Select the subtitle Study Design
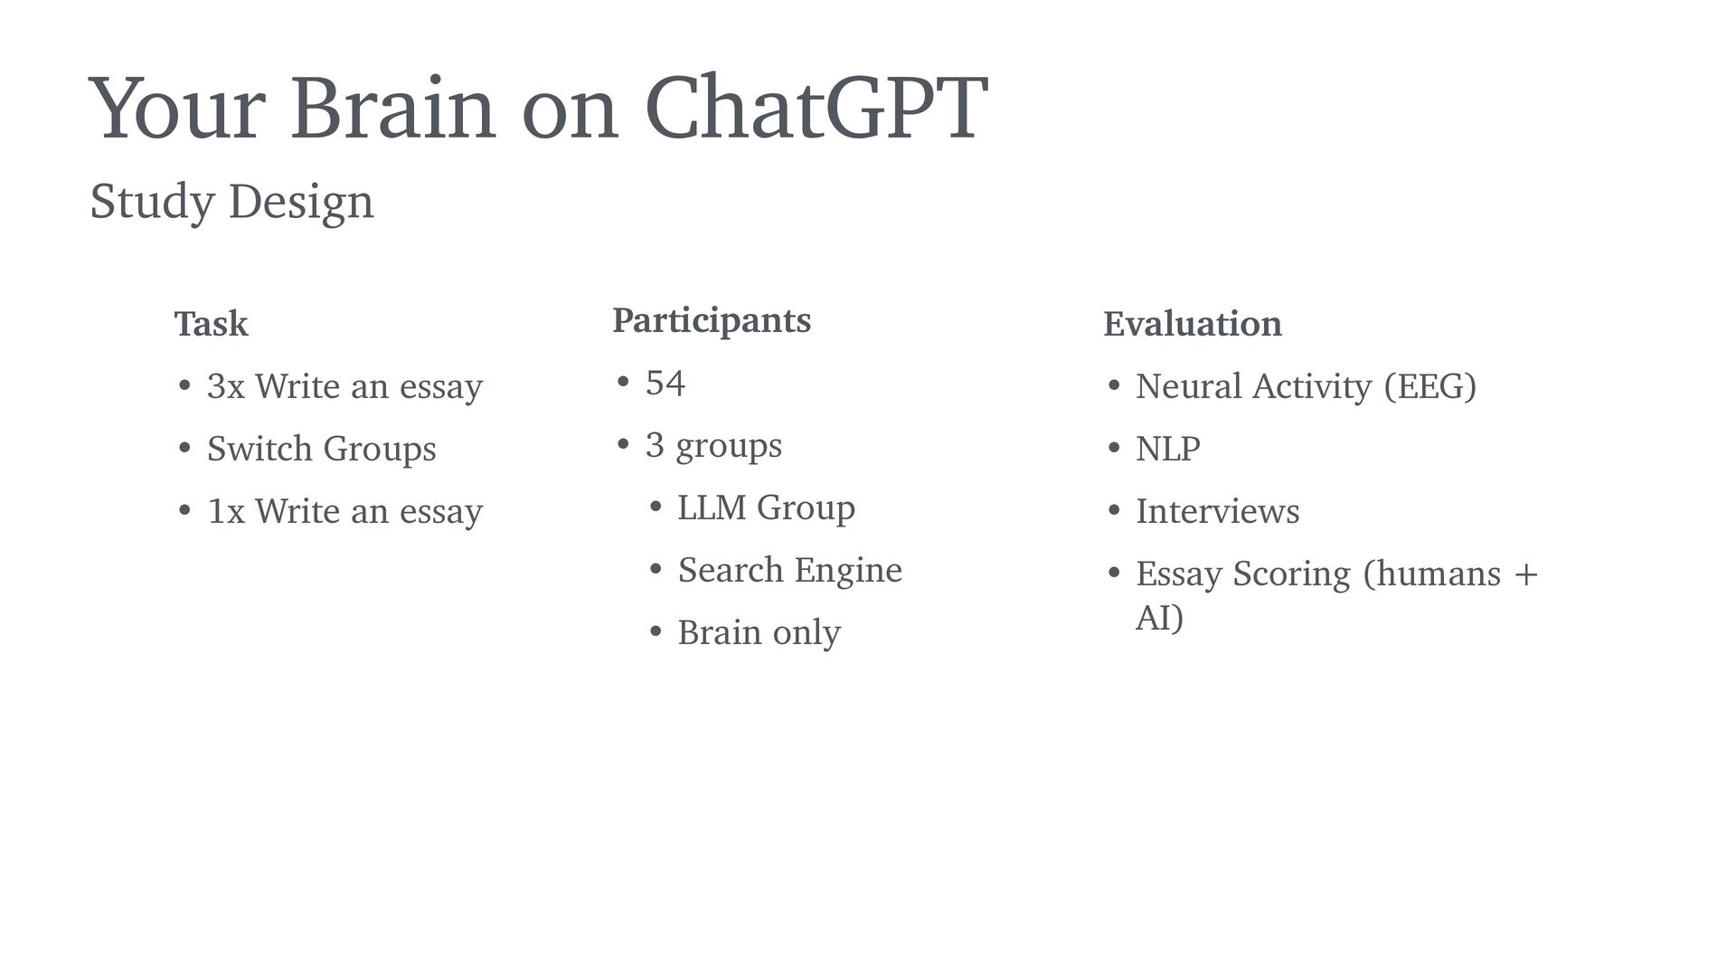tap(231, 202)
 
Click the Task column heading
tap(211, 323)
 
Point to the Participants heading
tap(712, 321)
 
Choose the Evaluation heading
tap(1193, 323)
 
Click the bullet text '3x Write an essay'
tap(344, 386)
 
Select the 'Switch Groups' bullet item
tap(321, 449)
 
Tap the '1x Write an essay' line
tap(344, 511)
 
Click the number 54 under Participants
tap(665, 383)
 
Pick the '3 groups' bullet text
tap(713, 445)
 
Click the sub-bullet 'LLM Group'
tap(767, 507)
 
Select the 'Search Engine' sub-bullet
tap(790, 570)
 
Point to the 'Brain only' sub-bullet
tap(759, 632)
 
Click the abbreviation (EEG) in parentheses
tap(1430, 386)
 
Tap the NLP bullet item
tap(1168, 449)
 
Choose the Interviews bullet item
tap(1217, 511)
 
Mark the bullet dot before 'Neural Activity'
tap(1114, 387)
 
